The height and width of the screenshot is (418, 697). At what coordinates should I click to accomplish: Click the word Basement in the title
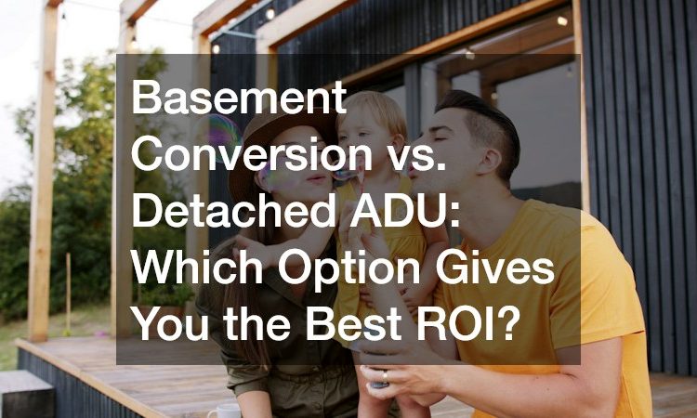coord(239,97)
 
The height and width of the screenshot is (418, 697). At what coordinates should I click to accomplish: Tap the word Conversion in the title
coord(252,153)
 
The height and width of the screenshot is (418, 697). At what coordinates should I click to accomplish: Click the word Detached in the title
coord(232,211)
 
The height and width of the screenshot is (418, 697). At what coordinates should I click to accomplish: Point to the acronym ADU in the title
coord(402,211)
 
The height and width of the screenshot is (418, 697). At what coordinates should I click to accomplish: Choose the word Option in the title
coord(348,271)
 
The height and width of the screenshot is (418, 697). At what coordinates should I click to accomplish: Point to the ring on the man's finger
coord(385,377)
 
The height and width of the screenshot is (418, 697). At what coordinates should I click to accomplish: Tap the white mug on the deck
coord(224,411)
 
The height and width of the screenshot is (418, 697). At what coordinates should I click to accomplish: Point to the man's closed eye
coord(446,139)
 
